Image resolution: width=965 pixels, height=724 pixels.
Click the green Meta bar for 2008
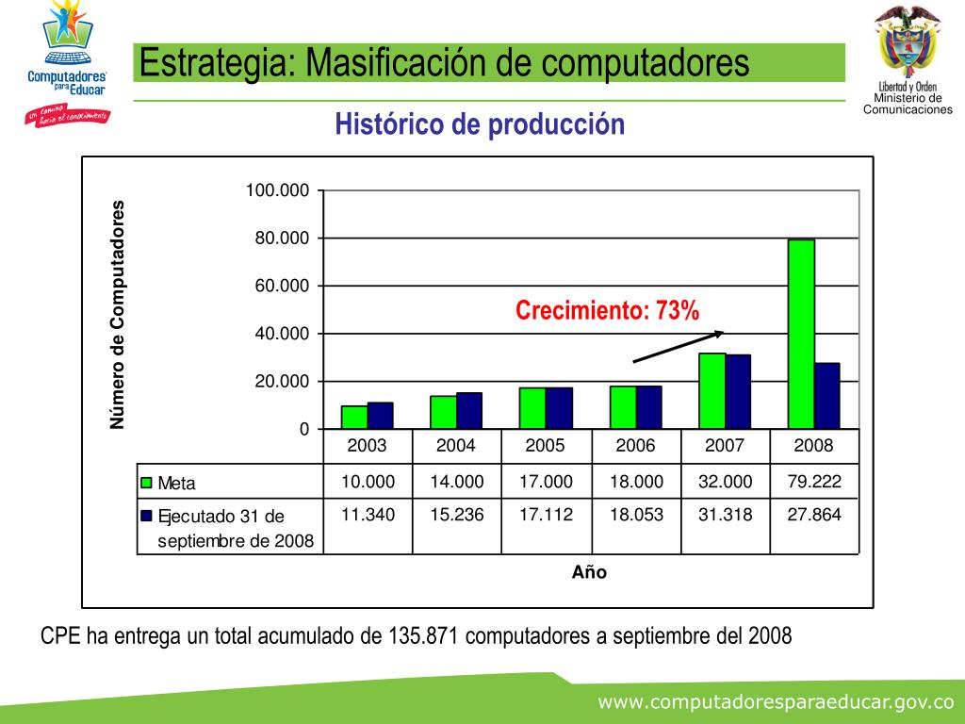tap(801, 335)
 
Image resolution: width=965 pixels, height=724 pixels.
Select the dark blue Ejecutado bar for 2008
tap(827, 396)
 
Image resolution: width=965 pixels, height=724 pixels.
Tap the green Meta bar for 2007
tap(712, 391)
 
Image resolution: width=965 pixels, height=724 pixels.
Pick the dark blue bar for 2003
tap(381, 416)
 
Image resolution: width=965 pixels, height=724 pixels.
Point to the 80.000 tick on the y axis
tap(282, 239)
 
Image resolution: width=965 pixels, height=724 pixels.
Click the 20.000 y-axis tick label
tap(282, 382)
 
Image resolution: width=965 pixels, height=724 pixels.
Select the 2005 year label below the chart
tap(546, 445)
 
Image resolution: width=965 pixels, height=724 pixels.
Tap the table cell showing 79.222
tap(814, 482)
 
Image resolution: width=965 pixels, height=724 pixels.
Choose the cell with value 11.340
tap(368, 515)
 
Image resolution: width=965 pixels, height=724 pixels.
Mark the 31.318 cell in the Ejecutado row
tap(725, 515)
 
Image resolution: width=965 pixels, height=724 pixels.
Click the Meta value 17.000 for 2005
tap(546, 482)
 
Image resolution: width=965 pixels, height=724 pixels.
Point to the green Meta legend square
tap(146, 484)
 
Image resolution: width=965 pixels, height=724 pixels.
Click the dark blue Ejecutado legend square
tap(146, 516)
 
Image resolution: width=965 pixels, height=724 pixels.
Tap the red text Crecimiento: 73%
tap(607, 310)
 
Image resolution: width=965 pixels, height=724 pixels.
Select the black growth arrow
tap(678, 346)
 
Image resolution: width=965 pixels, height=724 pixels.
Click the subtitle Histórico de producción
tap(480, 124)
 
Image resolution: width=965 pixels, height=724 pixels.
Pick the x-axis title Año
tap(589, 572)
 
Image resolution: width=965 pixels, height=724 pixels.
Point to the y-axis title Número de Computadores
tap(118, 315)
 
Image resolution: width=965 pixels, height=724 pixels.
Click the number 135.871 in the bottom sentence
tap(422, 636)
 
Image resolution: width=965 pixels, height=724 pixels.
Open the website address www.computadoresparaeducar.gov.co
tap(777, 702)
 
